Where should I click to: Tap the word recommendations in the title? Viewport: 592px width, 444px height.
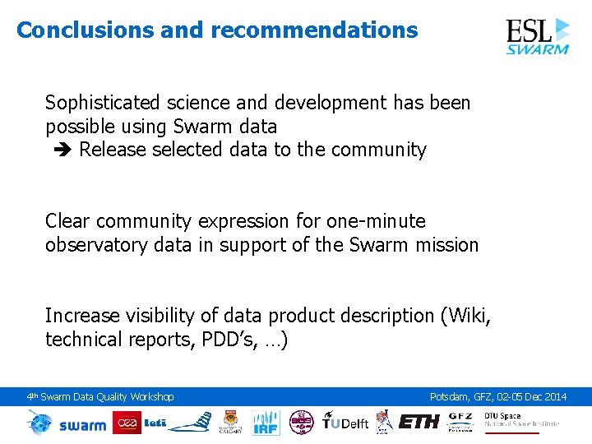[x=314, y=30]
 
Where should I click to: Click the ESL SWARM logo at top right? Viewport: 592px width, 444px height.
[x=537, y=35]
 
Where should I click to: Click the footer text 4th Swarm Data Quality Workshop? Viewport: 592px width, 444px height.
[x=100, y=397]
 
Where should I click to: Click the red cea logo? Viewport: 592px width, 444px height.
[x=127, y=423]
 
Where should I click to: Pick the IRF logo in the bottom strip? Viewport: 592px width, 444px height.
[x=266, y=422]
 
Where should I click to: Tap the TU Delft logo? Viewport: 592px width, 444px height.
[x=345, y=423]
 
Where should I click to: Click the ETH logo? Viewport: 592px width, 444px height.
[x=419, y=422]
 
